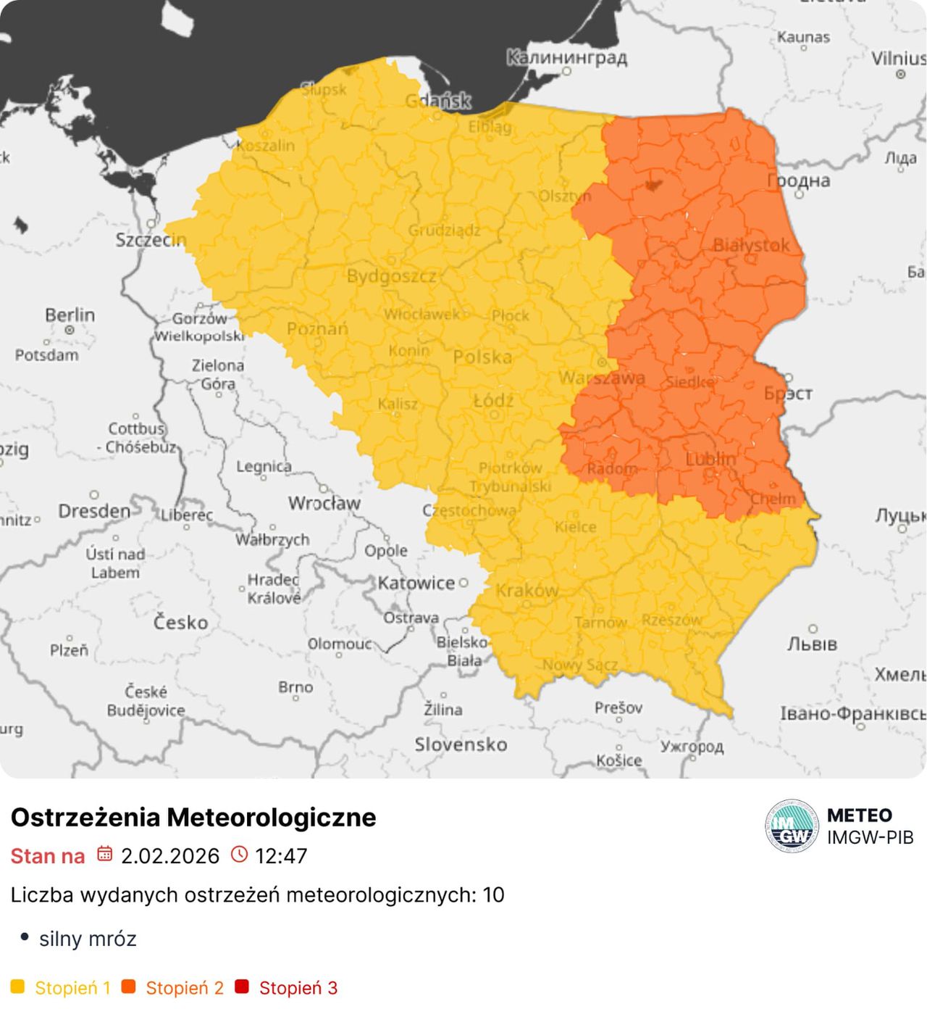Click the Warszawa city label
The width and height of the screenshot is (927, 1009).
pyautogui.click(x=601, y=378)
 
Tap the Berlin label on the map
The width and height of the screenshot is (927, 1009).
pyautogui.click(x=70, y=315)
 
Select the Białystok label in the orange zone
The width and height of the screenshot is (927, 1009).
pyautogui.click(x=751, y=245)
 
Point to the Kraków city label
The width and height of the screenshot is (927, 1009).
pyautogui.click(x=527, y=591)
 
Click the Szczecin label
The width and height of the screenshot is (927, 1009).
pyautogui.click(x=151, y=239)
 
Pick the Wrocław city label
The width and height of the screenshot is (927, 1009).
pyautogui.click(x=324, y=503)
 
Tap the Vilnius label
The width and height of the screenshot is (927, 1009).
pyautogui.click(x=898, y=59)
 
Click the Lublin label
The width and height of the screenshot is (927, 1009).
pyautogui.click(x=710, y=459)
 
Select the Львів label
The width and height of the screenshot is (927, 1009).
pyautogui.click(x=812, y=644)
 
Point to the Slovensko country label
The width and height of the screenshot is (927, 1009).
pyautogui.click(x=461, y=744)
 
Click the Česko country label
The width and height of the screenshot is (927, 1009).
pyautogui.click(x=180, y=622)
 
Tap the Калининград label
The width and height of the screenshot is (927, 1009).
pyautogui.click(x=566, y=57)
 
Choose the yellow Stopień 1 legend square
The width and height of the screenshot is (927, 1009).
pyautogui.click(x=18, y=987)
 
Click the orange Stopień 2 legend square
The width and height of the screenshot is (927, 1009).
pyautogui.click(x=129, y=987)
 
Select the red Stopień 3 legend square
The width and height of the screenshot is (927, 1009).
pyautogui.click(x=242, y=987)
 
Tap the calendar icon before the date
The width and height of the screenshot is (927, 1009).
pyautogui.click(x=105, y=854)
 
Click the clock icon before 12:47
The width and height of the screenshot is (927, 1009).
pyautogui.click(x=239, y=854)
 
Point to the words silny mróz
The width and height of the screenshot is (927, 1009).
pyautogui.click(x=88, y=939)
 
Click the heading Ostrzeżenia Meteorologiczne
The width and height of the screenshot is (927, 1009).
pyautogui.click(x=193, y=817)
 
